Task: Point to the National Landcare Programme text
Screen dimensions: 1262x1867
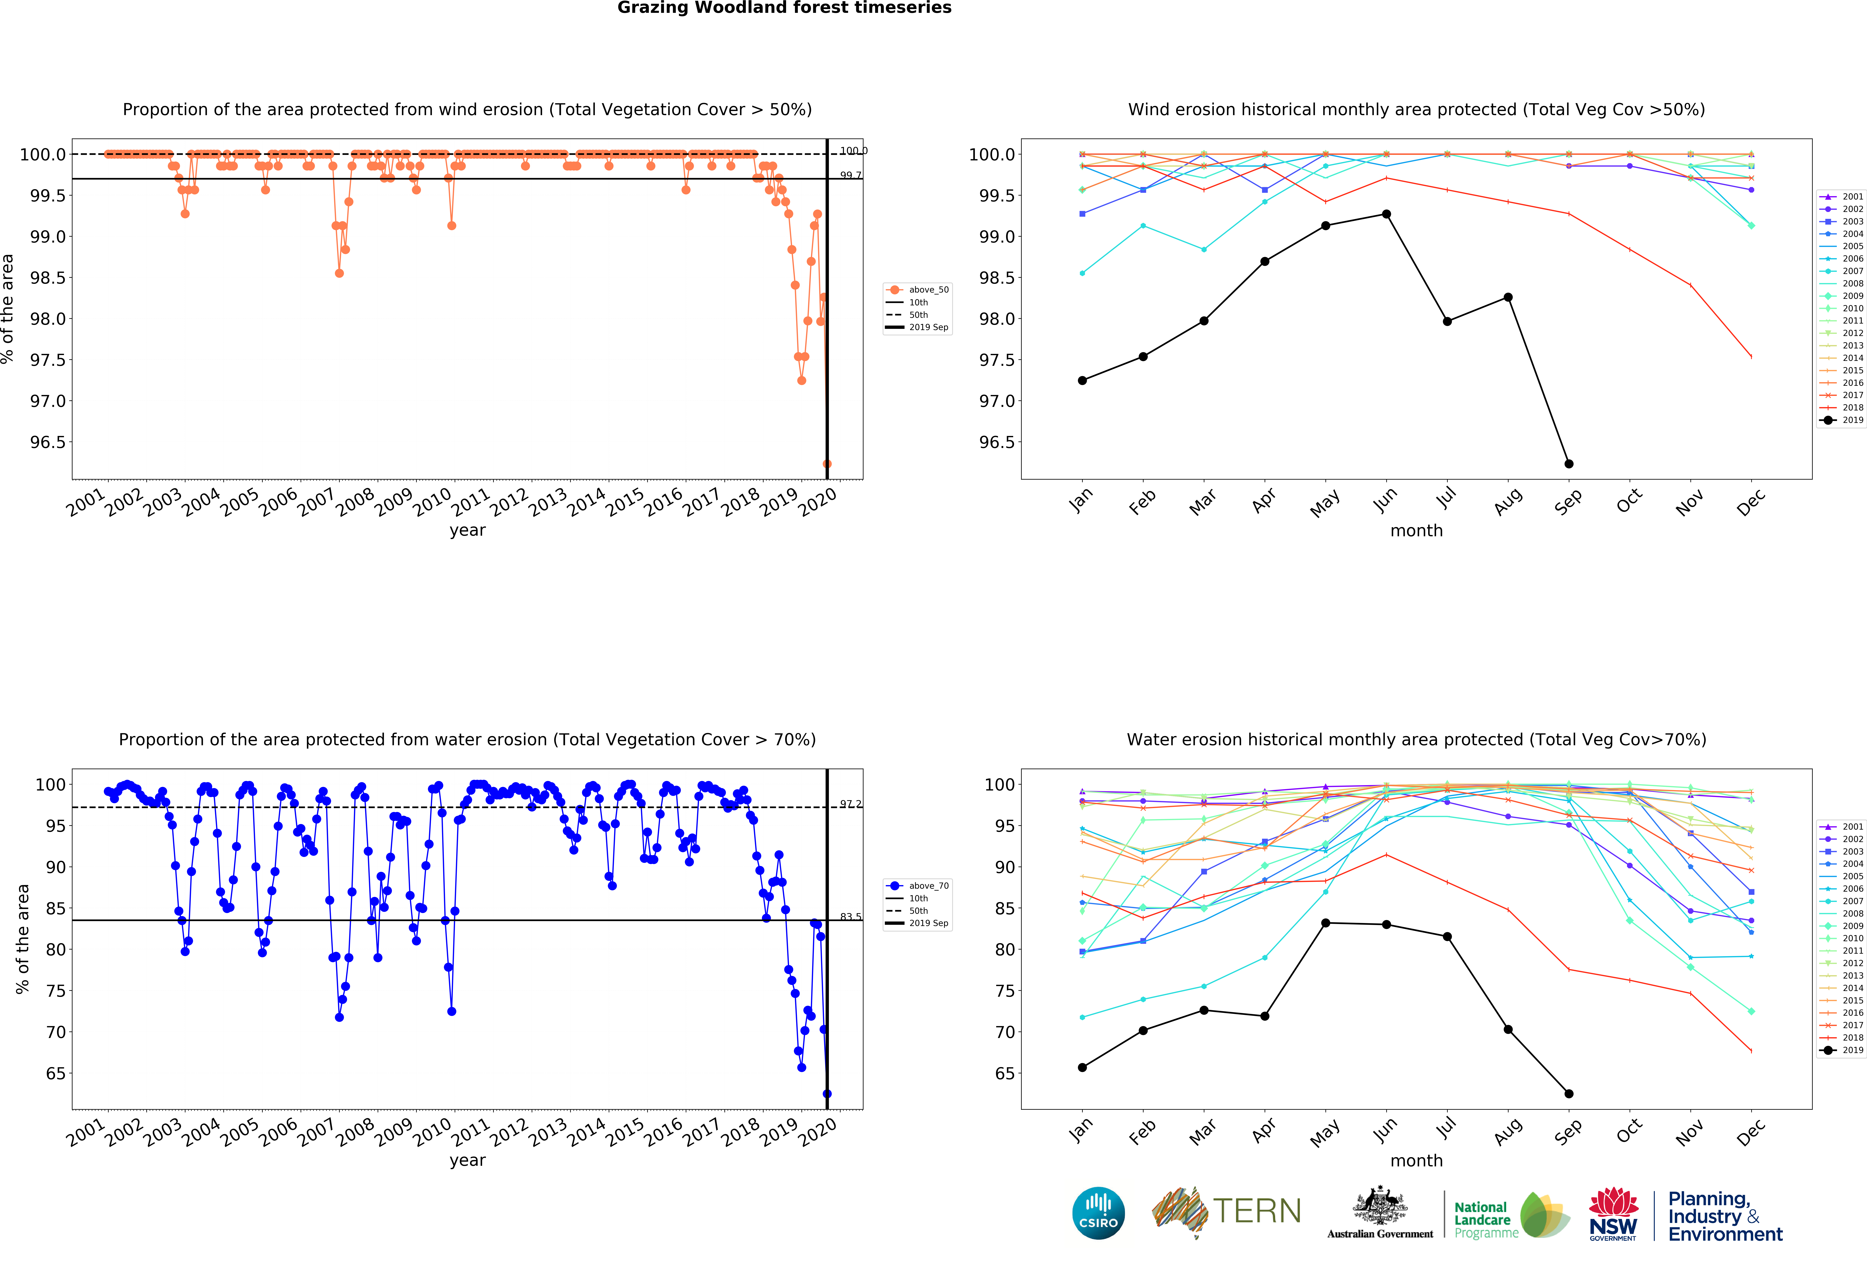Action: [1485, 1219]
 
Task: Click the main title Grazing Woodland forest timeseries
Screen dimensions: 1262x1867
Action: [784, 8]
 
